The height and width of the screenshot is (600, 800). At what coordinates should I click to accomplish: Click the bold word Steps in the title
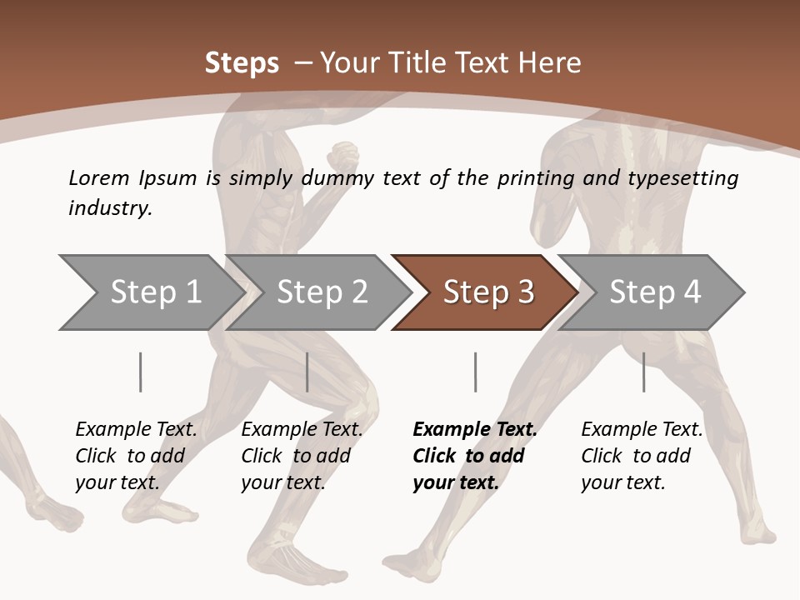(x=242, y=62)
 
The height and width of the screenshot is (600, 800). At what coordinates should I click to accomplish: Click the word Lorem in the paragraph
(x=99, y=177)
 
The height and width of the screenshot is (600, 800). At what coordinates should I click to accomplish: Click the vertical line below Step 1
(x=141, y=372)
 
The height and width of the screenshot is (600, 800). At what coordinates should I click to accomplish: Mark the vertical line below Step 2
(x=307, y=372)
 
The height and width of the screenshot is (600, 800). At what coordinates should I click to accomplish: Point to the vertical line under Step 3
(x=475, y=372)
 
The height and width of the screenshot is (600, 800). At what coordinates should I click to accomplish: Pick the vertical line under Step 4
(x=643, y=372)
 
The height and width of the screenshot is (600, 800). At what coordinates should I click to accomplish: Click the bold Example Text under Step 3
(x=475, y=429)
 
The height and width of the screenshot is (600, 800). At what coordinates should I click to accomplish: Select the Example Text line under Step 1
(x=136, y=429)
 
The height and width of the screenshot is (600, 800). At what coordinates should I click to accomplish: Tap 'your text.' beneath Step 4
(x=622, y=482)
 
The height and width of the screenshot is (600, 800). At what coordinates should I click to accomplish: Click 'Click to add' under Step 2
(x=296, y=456)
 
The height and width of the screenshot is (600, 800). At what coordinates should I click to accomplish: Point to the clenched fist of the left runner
(x=342, y=157)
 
